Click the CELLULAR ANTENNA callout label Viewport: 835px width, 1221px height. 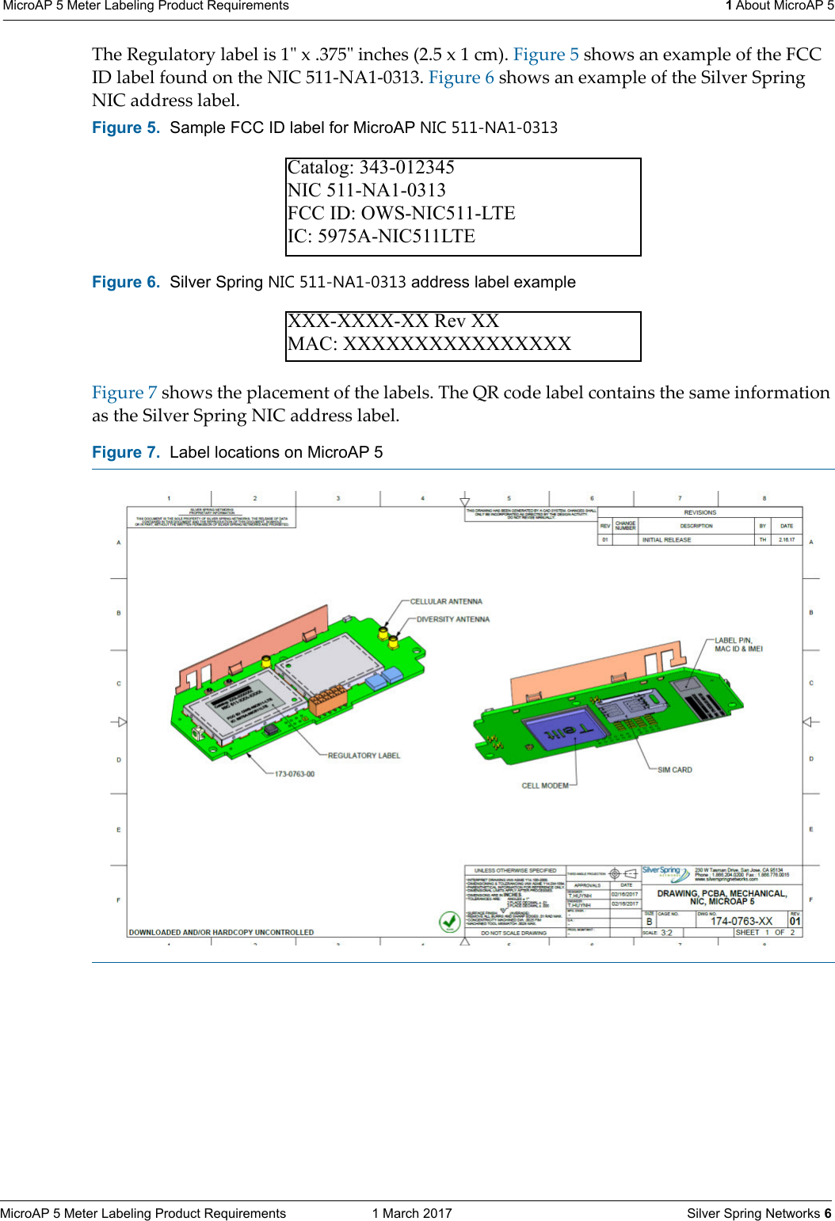pyautogui.click(x=446, y=602)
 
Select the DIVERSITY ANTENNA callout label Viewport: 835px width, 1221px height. pyautogui.click(x=453, y=619)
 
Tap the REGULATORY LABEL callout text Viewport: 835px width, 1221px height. pyautogui.click(x=364, y=755)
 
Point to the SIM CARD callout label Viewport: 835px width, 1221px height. pyautogui.click(x=674, y=770)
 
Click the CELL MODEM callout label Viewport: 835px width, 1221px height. pyautogui.click(x=545, y=785)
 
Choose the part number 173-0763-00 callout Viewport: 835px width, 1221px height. pyautogui.click(x=295, y=774)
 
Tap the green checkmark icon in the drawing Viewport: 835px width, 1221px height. pyautogui.click(x=450, y=922)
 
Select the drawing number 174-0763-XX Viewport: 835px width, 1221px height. pyautogui.click(x=741, y=921)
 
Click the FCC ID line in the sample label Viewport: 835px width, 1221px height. pyautogui.click(x=401, y=213)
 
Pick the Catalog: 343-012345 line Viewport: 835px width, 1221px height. pyautogui.click(x=371, y=168)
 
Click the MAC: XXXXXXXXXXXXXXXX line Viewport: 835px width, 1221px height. pyautogui.click(x=429, y=344)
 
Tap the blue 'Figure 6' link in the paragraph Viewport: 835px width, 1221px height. pyautogui.click(x=461, y=78)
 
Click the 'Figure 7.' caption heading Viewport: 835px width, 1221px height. pyautogui.click(x=126, y=452)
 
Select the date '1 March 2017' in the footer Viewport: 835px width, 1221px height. pyautogui.click(x=412, y=1213)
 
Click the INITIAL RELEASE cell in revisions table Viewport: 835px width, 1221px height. pyautogui.click(x=666, y=540)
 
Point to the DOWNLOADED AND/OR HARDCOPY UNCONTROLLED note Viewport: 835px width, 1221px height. pyautogui.click(x=221, y=932)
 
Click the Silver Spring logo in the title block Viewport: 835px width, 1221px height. pyautogui.click(x=662, y=871)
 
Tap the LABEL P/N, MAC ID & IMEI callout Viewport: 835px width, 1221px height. pyautogui.click(x=738, y=645)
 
